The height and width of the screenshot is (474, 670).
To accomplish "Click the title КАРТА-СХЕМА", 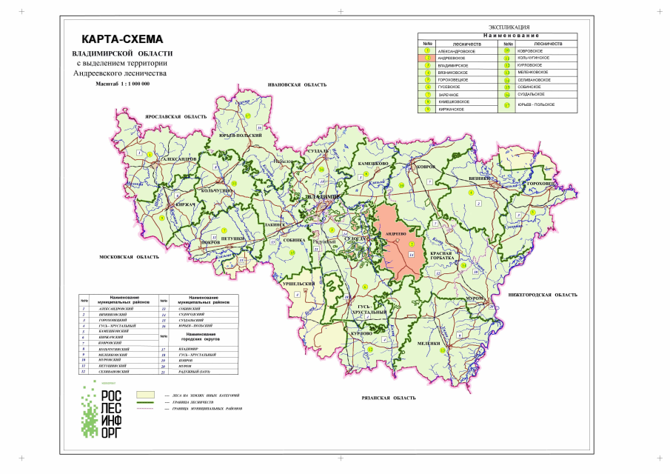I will [x=121, y=40].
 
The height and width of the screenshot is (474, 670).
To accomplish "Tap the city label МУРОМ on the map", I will [x=474, y=298].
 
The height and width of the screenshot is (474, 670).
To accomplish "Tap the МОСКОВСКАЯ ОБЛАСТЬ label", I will [x=129, y=257].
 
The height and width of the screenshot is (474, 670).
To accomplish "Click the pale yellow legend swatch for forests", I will [x=145, y=395].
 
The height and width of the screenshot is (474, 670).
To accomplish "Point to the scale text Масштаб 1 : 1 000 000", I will [x=122, y=84].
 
